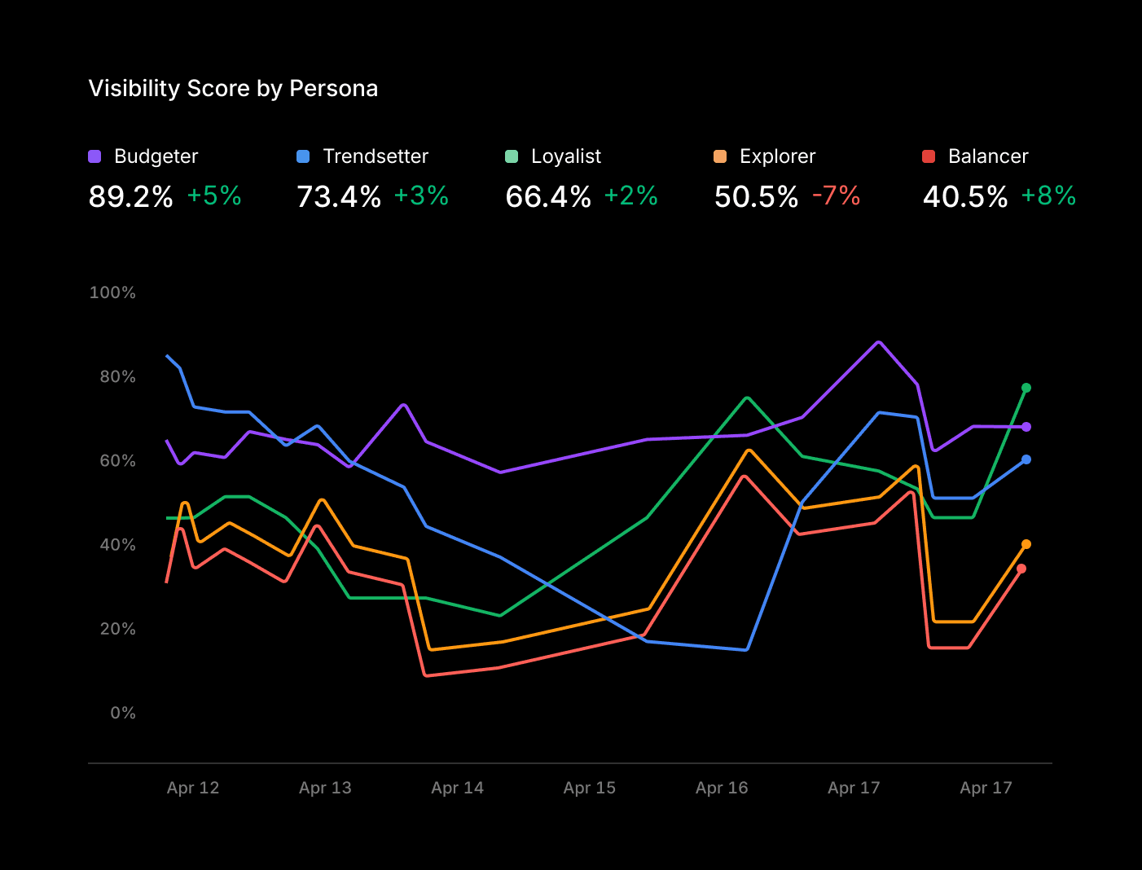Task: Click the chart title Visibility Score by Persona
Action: pyautogui.click(x=233, y=88)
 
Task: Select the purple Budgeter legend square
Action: pyautogui.click(x=94, y=156)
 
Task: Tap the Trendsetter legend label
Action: pyautogui.click(x=375, y=156)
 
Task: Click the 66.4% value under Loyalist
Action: pyautogui.click(x=547, y=196)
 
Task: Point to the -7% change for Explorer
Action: pyautogui.click(x=836, y=196)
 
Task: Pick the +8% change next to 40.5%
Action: pyautogui.click(x=1048, y=196)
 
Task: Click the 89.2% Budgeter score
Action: pyautogui.click(x=130, y=196)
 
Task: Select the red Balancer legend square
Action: pyautogui.click(x=928, y=156)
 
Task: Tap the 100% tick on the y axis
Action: pyautogui.click(x=112, y=292)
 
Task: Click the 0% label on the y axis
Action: pyautogui.click(x=123, y=713)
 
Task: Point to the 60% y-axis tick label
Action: pyautogui.click(x=117, y=461)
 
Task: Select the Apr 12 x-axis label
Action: pyautogui.click(x=193, y=788)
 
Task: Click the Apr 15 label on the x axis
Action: pyautogui.click(x=589, y=788)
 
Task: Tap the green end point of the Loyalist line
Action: pyautogui.click(x=1026, y=388)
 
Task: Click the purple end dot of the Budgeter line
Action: pyautogui.click(x=1026, y=427)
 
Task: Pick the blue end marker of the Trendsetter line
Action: pyautogui.click(x=1026, y=459)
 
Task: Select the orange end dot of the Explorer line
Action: pyautogui.click(x=1026, y=544)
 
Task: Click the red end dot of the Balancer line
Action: pyautogui.click(x=1021, y=569)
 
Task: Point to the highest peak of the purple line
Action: pyautogui.click(x=878, y=342)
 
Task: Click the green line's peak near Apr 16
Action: pyautogui.click(x=747, y=398)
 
